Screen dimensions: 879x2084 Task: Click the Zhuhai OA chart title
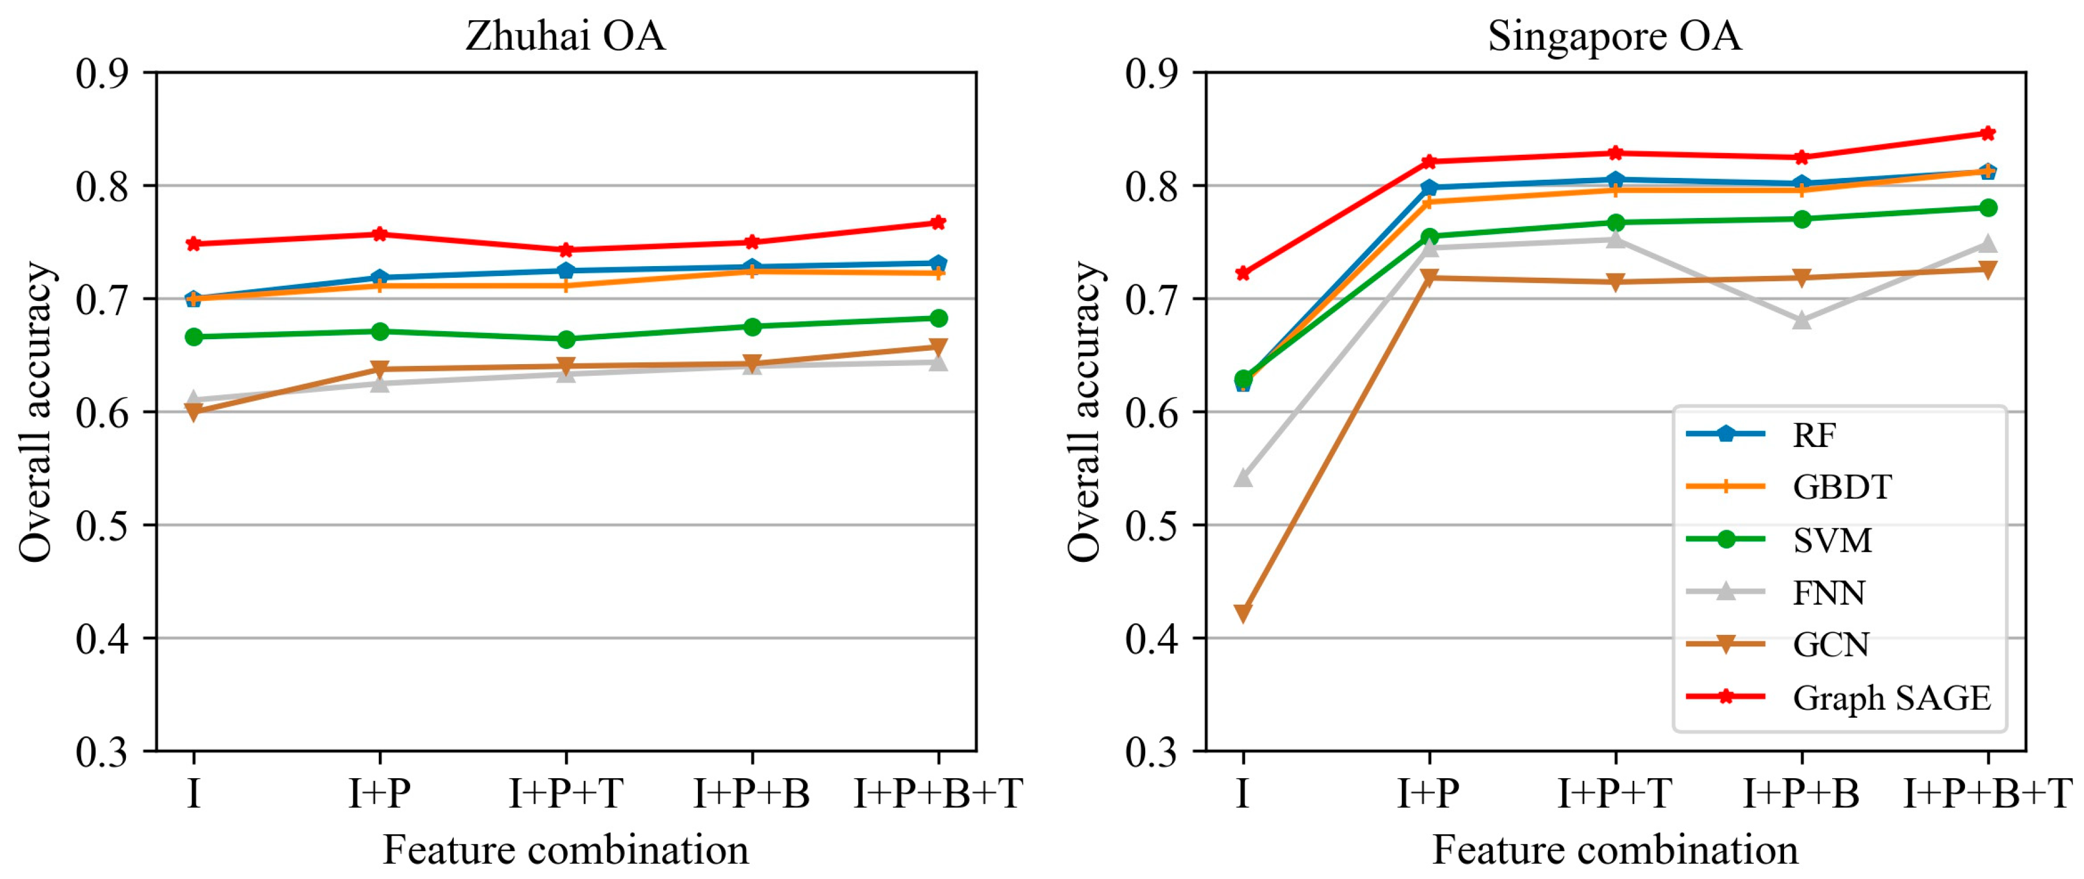tap(565, 37)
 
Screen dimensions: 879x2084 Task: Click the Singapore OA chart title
tap(1614, 37)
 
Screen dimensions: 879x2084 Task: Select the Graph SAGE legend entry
tap(1891, 698)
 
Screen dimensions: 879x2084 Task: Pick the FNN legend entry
tap(1828, 593)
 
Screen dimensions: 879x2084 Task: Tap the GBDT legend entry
tap(1841, 487)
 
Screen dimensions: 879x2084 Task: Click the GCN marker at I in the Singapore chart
tap(1243, 613)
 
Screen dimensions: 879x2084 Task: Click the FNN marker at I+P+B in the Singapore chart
tap(1801, 320)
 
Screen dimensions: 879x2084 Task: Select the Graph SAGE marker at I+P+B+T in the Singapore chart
tap(1988, 133)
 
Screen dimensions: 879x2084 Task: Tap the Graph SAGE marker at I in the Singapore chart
tap(1243, 273)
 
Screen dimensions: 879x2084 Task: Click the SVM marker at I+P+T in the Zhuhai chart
tap(566, 339)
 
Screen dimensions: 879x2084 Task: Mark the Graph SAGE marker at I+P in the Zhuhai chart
tap(379, 234)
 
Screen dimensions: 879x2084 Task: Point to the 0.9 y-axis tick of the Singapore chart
tap(1152, 74)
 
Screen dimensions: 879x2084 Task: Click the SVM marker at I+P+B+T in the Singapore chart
tap(1988, 208)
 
